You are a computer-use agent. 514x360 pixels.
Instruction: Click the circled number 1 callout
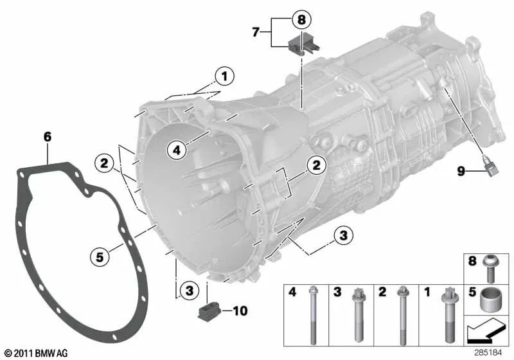(224, 78)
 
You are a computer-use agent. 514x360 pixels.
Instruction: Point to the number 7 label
(256, 31)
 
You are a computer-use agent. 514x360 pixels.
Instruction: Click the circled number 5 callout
(100, 256)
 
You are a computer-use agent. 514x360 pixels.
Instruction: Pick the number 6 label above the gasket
(47, 136)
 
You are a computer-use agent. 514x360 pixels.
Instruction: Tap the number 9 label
(460, 172)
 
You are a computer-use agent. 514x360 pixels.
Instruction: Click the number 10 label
(239, 312)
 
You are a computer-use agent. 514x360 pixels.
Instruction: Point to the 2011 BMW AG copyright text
(35, 354)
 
